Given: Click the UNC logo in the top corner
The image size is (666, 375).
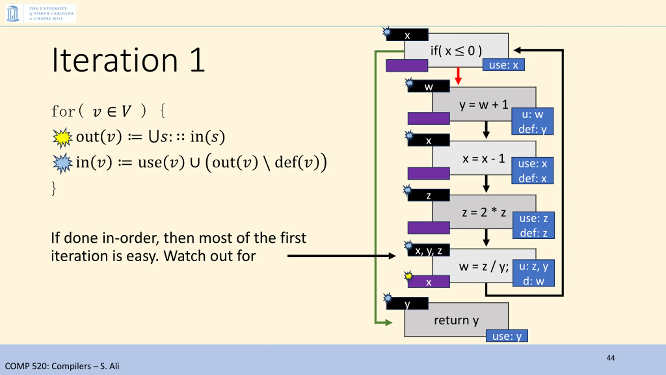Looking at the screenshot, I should point(40,13).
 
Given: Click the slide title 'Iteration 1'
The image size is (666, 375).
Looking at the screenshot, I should point(128,60).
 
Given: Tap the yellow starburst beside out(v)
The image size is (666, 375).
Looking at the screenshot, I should point(62,137).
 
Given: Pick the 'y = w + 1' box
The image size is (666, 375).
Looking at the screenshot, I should point(483,104).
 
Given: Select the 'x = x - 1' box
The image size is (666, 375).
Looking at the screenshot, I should point(483,158).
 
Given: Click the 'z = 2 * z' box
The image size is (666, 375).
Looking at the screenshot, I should point(483,212).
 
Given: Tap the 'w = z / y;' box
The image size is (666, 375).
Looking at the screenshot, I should point(483,266).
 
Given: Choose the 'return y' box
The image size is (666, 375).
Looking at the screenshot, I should point(456,320).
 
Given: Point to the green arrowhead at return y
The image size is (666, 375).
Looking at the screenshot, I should point(388,323).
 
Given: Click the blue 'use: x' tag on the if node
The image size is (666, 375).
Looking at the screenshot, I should point(503,65).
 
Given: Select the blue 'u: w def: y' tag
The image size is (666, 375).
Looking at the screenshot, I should point(532,121).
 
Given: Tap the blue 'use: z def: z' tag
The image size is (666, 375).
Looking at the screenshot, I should point(533,225).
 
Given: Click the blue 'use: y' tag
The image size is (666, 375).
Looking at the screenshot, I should point(507,336).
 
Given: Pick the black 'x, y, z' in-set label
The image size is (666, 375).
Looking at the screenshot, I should point(428,251).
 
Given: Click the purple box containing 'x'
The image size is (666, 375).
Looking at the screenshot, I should point(428,282).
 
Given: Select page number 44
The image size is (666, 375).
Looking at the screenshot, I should point(610,358).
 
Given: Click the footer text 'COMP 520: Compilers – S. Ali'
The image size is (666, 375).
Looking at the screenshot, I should point(62,366).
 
